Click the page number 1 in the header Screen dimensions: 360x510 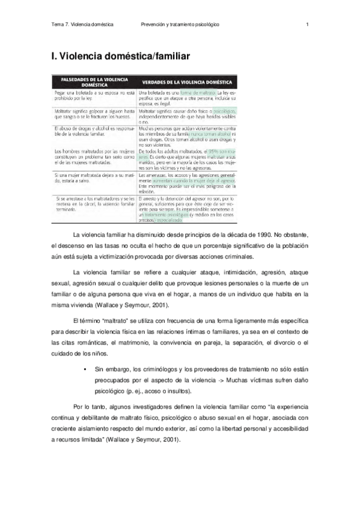307,25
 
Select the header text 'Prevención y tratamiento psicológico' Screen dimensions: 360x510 180,25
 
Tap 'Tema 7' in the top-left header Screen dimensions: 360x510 60,25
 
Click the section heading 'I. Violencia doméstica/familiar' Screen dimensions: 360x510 121,57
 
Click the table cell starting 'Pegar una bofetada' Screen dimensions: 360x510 93,96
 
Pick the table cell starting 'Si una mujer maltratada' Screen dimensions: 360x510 93,177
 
